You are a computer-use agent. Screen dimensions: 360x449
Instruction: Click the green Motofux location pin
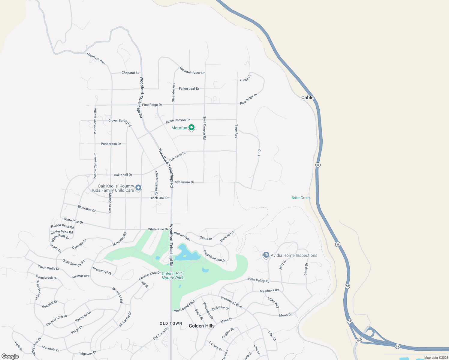pos(191,128)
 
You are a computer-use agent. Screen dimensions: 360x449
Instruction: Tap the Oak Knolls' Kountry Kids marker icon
pos(138,188)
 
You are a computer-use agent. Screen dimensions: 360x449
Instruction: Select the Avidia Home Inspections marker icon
pos(266,255)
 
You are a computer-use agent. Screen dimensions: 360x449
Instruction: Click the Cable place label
pos(307,97)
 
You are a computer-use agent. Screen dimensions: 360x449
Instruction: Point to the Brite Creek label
pos(301,198)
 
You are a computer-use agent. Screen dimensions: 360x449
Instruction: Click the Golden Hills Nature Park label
pos(173,276)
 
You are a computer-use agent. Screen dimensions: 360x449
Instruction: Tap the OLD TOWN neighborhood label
pos(171,323)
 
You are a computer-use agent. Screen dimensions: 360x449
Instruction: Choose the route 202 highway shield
pos(359,340)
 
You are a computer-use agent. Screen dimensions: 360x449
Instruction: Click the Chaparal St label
pos(130,73)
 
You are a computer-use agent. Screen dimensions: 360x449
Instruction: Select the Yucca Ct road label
pos(245,78)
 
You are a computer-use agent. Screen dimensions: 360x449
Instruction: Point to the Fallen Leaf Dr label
pos(189,89)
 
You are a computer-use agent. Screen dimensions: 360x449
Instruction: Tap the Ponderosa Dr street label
pos(111,144)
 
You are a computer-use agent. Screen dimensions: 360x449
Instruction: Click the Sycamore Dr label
pos(184,182)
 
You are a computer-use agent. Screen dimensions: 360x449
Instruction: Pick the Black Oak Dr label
pos(159,198)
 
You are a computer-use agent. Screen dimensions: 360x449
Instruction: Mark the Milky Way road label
pos(273,303)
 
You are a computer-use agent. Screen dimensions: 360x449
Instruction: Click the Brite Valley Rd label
pos(259,280)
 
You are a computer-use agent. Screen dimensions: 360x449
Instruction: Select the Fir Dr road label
pos(259,152)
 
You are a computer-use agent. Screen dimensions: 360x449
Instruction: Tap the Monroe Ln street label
pos(227,236)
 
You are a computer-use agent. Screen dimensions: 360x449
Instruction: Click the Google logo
pos(10,356)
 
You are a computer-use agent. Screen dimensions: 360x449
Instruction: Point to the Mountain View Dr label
pos(192,71)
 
